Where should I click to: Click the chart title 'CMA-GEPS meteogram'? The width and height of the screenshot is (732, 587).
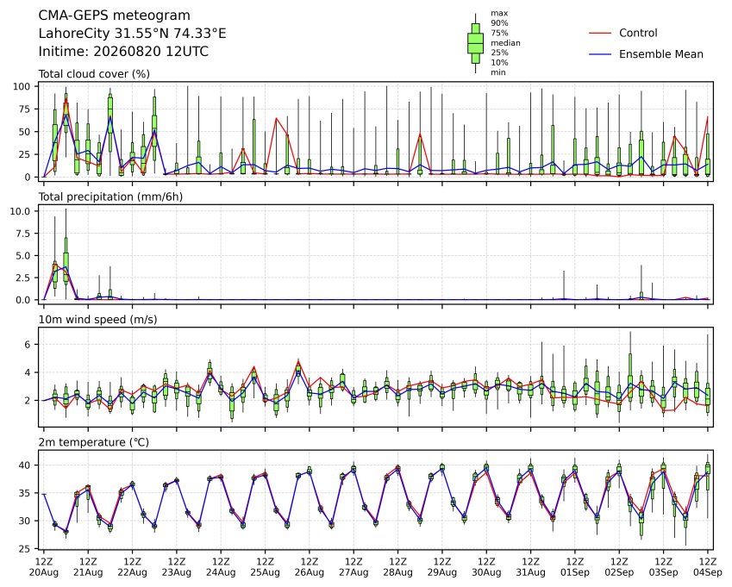tap(115, 16)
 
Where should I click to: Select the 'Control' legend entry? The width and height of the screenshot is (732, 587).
tap(638, 33)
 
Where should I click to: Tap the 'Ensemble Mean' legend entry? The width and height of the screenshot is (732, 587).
tap(661, 54)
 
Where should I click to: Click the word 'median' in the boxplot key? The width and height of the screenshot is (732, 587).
tap(505, 43)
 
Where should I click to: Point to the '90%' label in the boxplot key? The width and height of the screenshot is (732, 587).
tap(499, 23)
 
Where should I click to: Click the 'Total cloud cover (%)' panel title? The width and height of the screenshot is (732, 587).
tap(94, 74)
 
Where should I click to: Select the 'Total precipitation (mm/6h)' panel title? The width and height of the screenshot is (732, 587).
tap(110, 197)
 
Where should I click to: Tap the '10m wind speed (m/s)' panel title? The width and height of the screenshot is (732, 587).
tap(97, 320)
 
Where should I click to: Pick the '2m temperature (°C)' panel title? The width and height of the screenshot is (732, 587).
tap(93, 442)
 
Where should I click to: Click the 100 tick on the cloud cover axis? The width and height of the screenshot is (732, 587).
tap(22, 86)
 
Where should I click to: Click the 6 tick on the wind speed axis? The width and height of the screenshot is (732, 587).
tap(27, 345)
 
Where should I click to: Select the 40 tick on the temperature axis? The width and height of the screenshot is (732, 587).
tap(24, 465)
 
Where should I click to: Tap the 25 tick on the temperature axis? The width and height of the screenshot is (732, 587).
tap(24, 549)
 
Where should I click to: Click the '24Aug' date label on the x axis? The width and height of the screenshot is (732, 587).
tap(221, 572)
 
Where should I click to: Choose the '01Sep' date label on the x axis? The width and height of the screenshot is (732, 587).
tap(575, 572)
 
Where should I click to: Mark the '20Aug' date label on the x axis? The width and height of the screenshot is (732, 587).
tap(44, 572)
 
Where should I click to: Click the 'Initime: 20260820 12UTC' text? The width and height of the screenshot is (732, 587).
tap(123, 52)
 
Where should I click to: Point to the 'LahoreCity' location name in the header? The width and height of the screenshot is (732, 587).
tap(74, 34)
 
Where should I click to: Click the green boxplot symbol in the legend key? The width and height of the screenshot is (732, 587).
tap(475, 43)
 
